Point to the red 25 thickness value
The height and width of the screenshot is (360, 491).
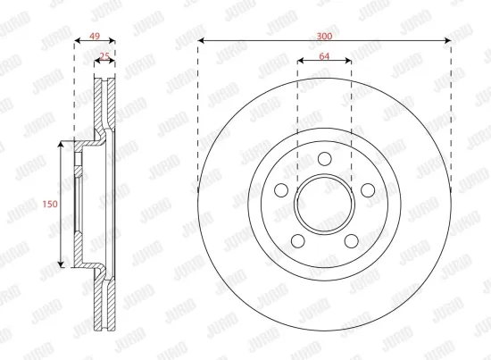point(104,56)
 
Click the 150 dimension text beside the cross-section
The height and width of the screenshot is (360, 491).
point(50,204)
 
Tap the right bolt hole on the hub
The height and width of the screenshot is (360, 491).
point(366,189)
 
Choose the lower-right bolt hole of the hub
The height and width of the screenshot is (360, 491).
point(350,239)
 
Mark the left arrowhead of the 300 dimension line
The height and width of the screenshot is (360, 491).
point(200,41)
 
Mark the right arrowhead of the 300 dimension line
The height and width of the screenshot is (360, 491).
point(449,41)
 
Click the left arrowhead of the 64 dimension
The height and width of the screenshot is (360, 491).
point(299,62)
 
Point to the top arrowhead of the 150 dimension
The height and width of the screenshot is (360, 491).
point(60,143)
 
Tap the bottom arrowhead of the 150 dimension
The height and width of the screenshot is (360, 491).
point(60,264)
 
